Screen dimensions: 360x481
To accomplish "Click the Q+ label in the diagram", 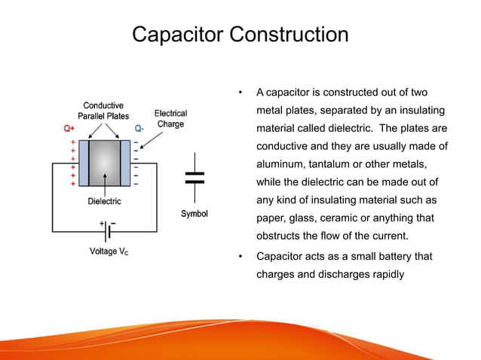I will (x=69, y=129).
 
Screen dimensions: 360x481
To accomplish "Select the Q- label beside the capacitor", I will (x=139, y=129).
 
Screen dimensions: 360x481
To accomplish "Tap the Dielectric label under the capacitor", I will (x=104, y=201).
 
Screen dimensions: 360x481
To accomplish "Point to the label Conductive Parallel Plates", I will (x=103, y=111).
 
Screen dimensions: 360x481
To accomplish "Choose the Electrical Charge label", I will (x=170, y=118).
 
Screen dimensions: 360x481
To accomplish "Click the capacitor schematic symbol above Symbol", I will (x=195, y=178).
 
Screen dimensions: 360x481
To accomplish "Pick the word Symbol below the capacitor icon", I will (x=195, y=214).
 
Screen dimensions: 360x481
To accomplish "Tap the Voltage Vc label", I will (x=103, y=251).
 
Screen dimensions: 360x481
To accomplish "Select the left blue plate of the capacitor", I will (x=83, y=161).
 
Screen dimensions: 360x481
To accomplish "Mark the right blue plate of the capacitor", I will (x=125, y=161).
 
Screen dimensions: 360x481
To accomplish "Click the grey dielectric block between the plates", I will (x=104, y=161).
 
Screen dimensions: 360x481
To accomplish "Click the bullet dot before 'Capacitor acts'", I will (x=240, y=256).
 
